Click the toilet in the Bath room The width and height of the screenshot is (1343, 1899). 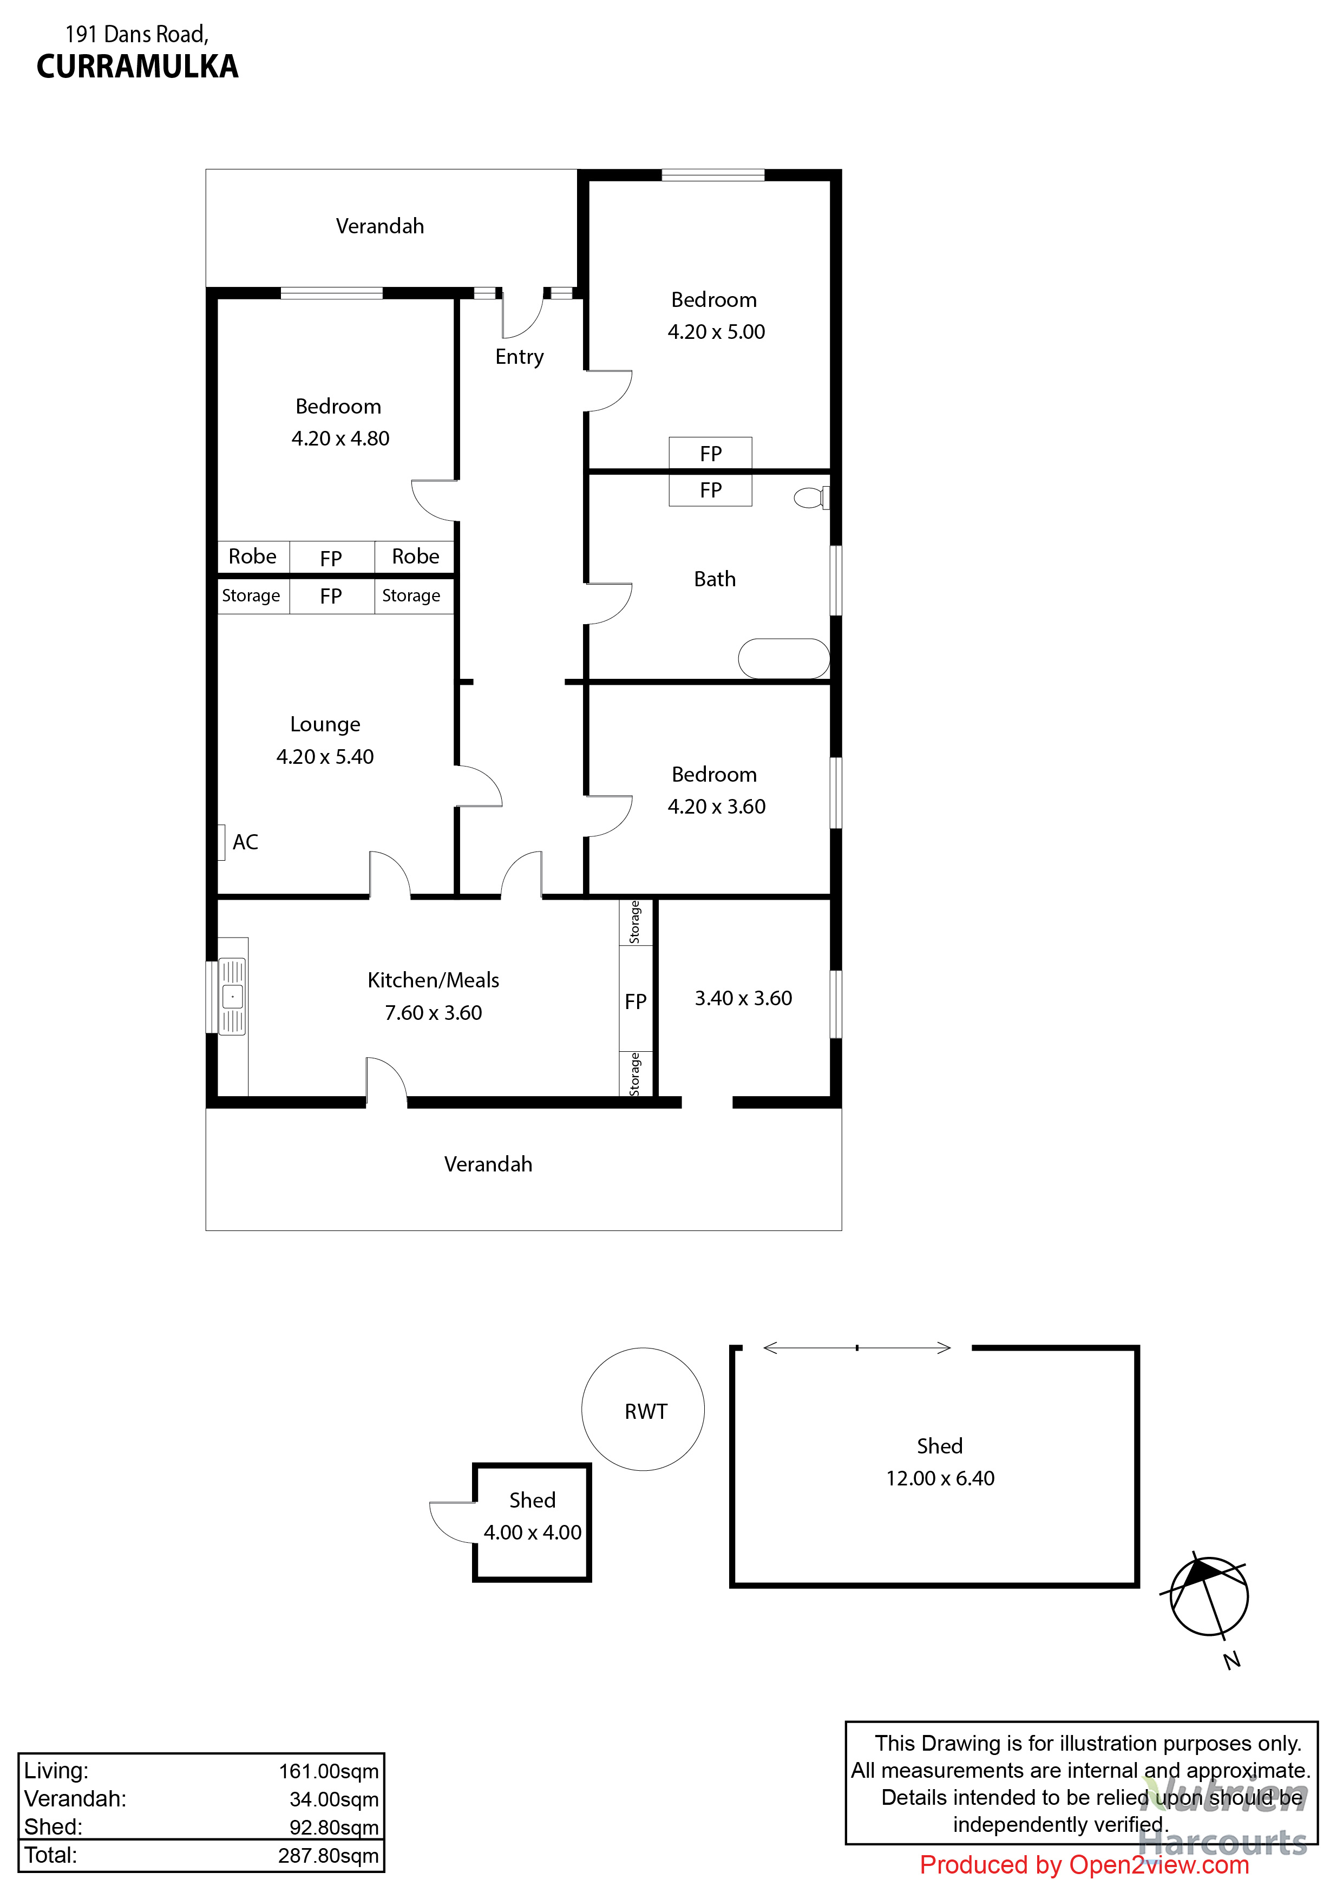[810, 498]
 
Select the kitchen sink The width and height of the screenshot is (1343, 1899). [232, 996]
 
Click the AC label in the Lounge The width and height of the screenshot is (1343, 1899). [245, 842]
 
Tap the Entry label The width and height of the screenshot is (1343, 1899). [519, 357]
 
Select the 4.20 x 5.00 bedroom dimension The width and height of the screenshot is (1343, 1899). [716, 332]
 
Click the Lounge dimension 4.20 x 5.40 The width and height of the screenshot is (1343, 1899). [325, 757]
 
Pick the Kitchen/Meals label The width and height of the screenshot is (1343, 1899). [434, 980]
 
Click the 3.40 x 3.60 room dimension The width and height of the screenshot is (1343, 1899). [743, 998]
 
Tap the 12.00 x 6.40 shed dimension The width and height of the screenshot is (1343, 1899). [939, 1478]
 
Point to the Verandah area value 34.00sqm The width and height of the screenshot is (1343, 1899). [333, 1799]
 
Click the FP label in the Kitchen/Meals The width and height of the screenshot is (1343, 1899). [635, 1001]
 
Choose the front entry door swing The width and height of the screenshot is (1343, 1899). [521, 317]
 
